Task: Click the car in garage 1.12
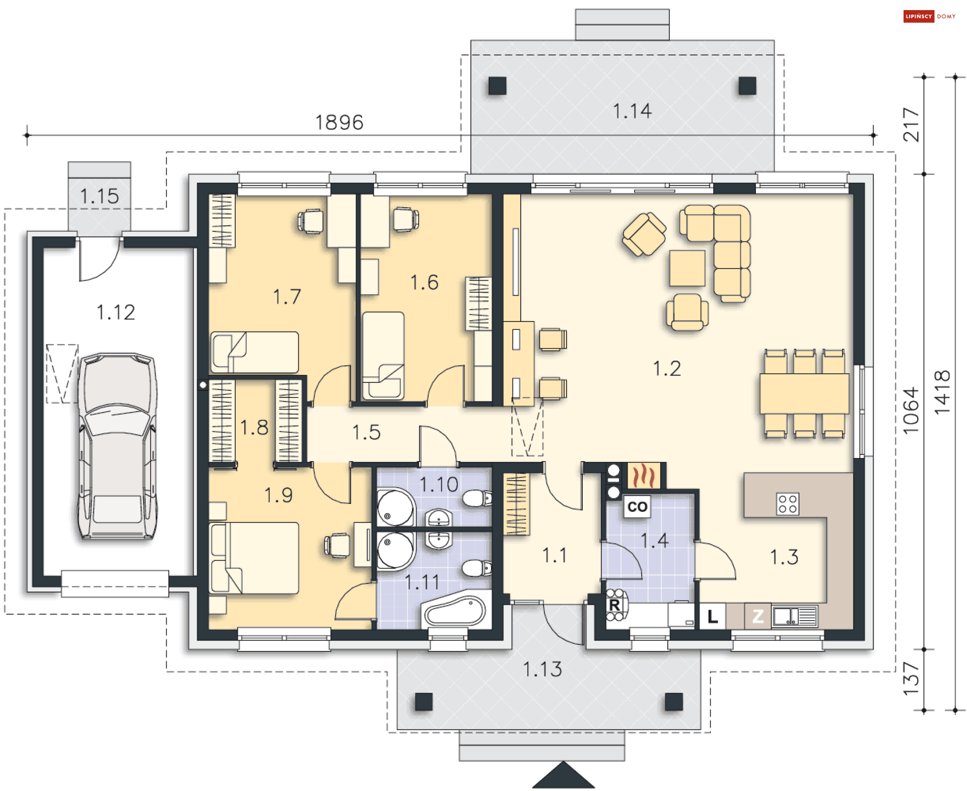117,446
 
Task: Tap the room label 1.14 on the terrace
632,111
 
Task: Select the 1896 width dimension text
339,122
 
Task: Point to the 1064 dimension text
911,411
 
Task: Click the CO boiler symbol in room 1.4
637,506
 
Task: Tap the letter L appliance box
712,616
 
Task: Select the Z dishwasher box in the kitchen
757,616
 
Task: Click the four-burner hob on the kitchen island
787,504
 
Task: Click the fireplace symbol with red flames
644,476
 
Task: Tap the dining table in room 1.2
804,393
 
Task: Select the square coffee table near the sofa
687,268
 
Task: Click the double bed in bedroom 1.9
254,558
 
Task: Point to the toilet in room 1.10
476,499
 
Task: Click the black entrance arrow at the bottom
563,776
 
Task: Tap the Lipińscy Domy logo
929,16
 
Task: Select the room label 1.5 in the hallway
366,432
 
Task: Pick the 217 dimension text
911,124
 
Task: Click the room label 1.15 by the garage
99,196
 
